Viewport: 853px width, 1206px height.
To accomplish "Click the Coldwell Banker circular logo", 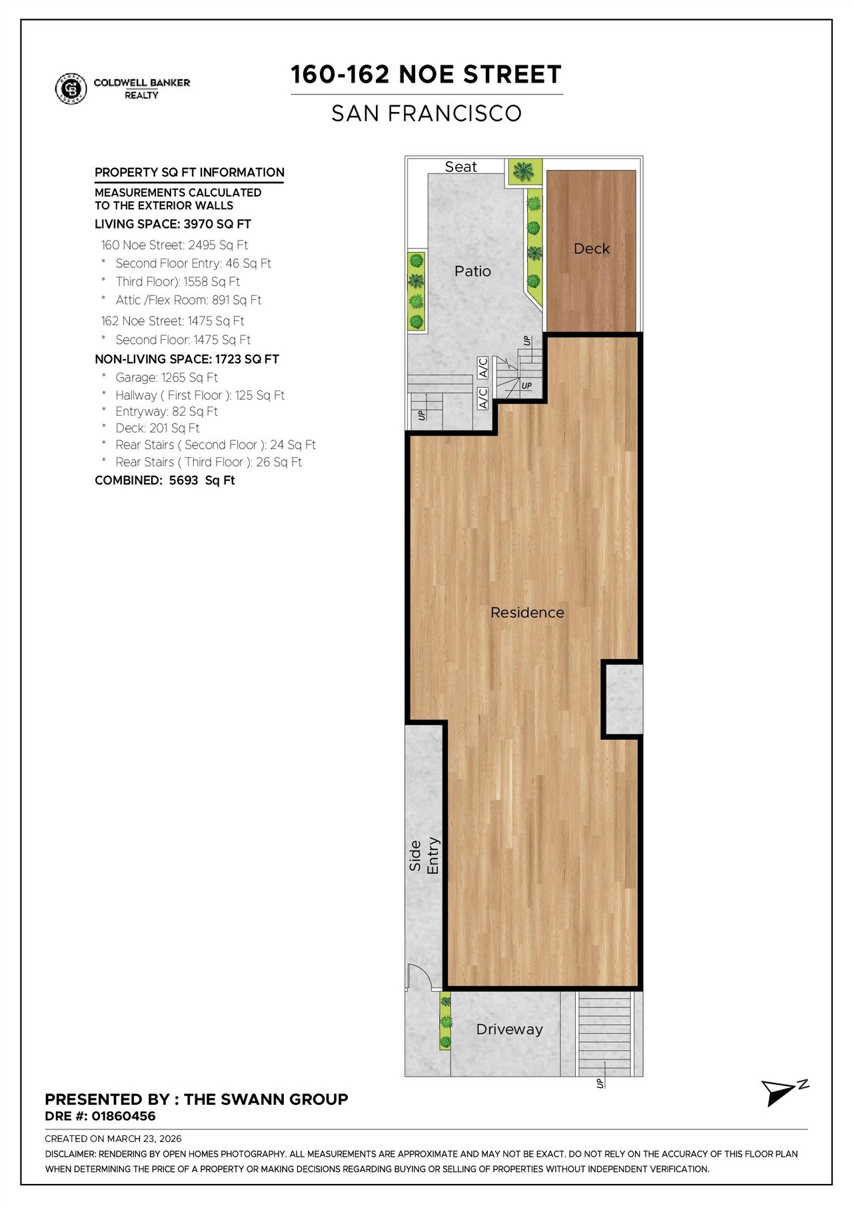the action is tap(71, 89).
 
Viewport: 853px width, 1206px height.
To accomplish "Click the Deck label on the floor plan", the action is tap(592, 249).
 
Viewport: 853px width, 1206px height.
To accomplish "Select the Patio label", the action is tap(472, 271).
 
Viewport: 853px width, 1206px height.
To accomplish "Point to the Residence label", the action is tap(527, 612).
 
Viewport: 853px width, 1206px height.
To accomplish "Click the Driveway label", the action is tap(509, 1029).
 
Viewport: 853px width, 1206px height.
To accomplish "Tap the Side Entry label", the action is tap(425, 856).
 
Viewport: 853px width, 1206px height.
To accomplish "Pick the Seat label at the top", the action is tap(460, 167).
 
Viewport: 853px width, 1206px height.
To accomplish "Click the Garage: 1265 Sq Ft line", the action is tap(167, 377).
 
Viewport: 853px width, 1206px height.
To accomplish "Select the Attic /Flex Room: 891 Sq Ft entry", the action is tap(189, 300).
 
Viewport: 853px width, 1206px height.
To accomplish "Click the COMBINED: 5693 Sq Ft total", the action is tap(165, 480).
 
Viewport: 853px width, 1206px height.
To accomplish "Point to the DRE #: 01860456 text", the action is tap(100, 1116).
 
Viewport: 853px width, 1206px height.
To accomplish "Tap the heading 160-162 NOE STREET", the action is tap(426, 75).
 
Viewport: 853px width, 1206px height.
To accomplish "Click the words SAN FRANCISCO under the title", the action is tap(426, 113).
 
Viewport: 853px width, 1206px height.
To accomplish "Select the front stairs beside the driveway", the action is tap(603, 1033).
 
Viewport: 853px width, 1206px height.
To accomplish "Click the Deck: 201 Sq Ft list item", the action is tap(157, 428).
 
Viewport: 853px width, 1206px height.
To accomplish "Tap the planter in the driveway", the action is tap(445, 1021).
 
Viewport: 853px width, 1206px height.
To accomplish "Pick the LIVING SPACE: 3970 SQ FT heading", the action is tap(173, 224).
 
